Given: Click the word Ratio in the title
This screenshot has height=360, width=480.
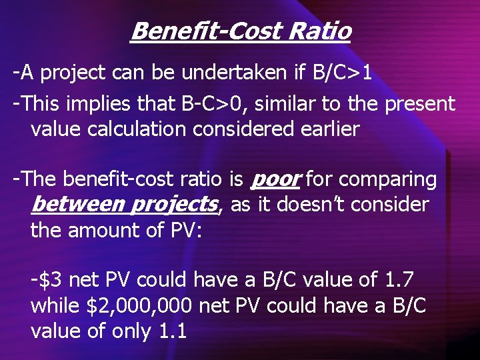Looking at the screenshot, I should pos(319,31).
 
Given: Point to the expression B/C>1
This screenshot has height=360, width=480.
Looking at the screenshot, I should pos(342,73).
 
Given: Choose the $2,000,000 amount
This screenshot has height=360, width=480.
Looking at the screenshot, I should pos(139,306).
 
